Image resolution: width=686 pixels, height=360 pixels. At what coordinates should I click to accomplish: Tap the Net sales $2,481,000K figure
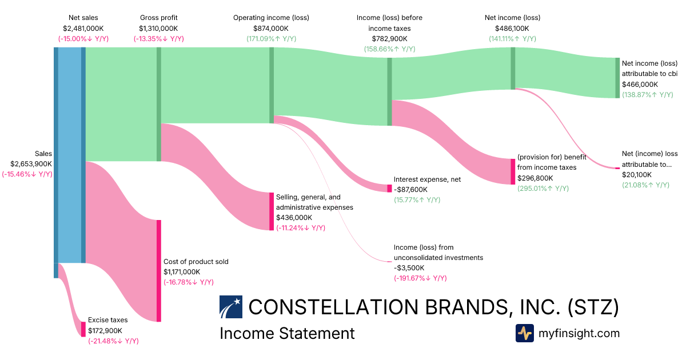[83, 28]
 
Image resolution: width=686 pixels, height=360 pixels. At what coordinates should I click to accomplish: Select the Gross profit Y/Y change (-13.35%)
[158, 39]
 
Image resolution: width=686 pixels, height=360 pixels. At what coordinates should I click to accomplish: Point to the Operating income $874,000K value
[271, 28]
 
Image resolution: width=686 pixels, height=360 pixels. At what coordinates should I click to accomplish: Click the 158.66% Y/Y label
[389, 49]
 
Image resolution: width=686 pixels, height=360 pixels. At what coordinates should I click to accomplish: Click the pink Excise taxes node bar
[83, 329]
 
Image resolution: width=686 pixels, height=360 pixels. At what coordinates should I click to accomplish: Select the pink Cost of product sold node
[159, 271]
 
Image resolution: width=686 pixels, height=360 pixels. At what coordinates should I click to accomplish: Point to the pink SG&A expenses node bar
[272, 211]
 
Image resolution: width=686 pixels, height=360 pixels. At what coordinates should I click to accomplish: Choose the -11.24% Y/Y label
[301, 228]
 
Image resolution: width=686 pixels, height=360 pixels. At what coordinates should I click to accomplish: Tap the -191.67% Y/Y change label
[420, 278]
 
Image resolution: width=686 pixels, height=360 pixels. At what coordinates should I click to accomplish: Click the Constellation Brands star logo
[231, 307]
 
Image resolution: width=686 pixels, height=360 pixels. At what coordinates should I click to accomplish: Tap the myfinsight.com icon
[524, 333]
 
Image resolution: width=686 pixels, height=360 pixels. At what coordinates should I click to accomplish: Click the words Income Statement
[287, 333]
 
